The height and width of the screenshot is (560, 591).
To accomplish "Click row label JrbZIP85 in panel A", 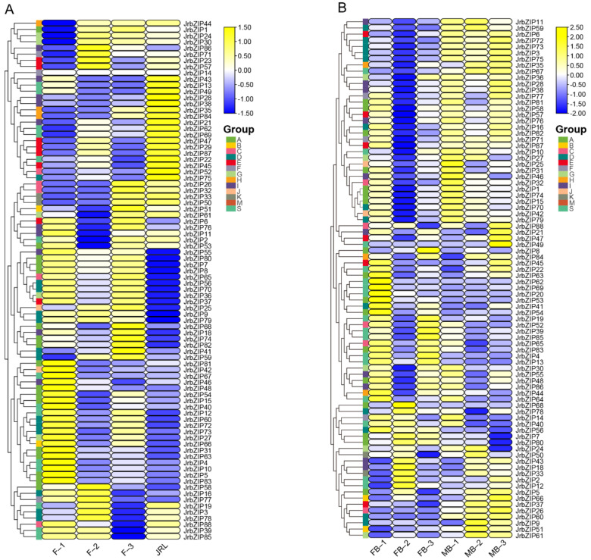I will point(198,537).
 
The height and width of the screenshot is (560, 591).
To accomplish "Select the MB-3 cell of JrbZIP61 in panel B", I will point(499,537).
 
